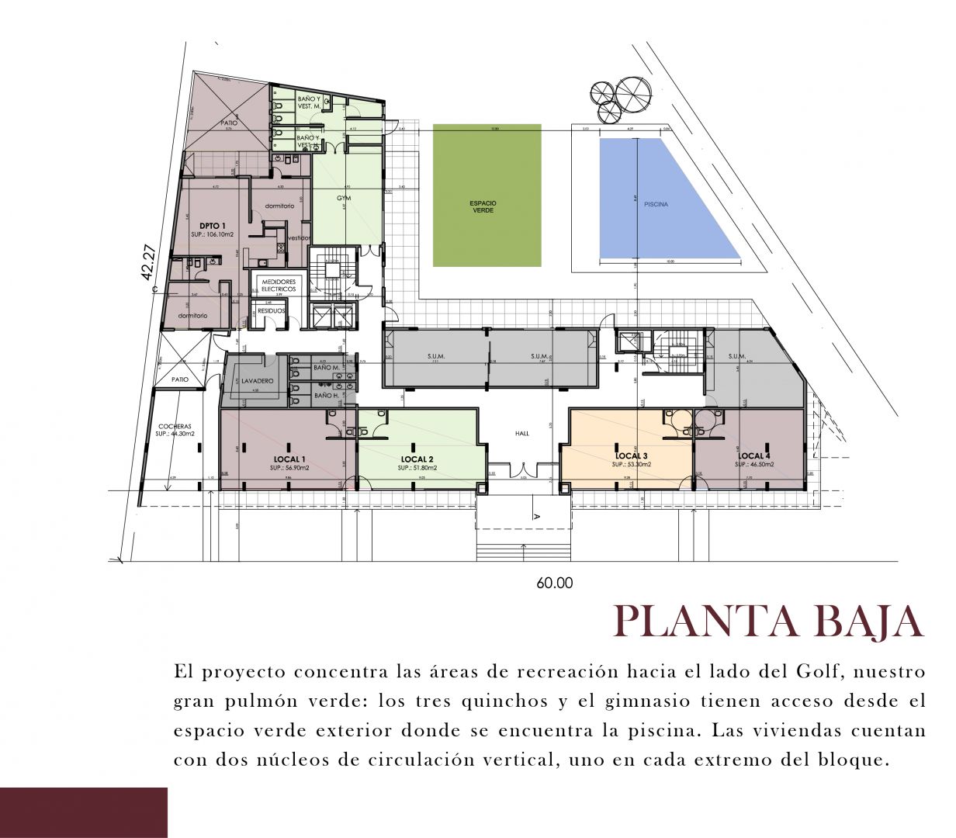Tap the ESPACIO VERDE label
point(483,206)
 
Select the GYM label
point(344,198)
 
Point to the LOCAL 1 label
point(289,459)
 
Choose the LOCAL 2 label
point(417,459)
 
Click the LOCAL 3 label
point(631,455)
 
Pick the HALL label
point(521,433)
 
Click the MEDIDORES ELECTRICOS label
point(279,285)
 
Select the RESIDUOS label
point(272,310)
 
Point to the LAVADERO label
point(256,382)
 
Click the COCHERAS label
point(175,426)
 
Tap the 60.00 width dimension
point(554,583)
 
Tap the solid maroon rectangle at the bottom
point(84,812)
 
